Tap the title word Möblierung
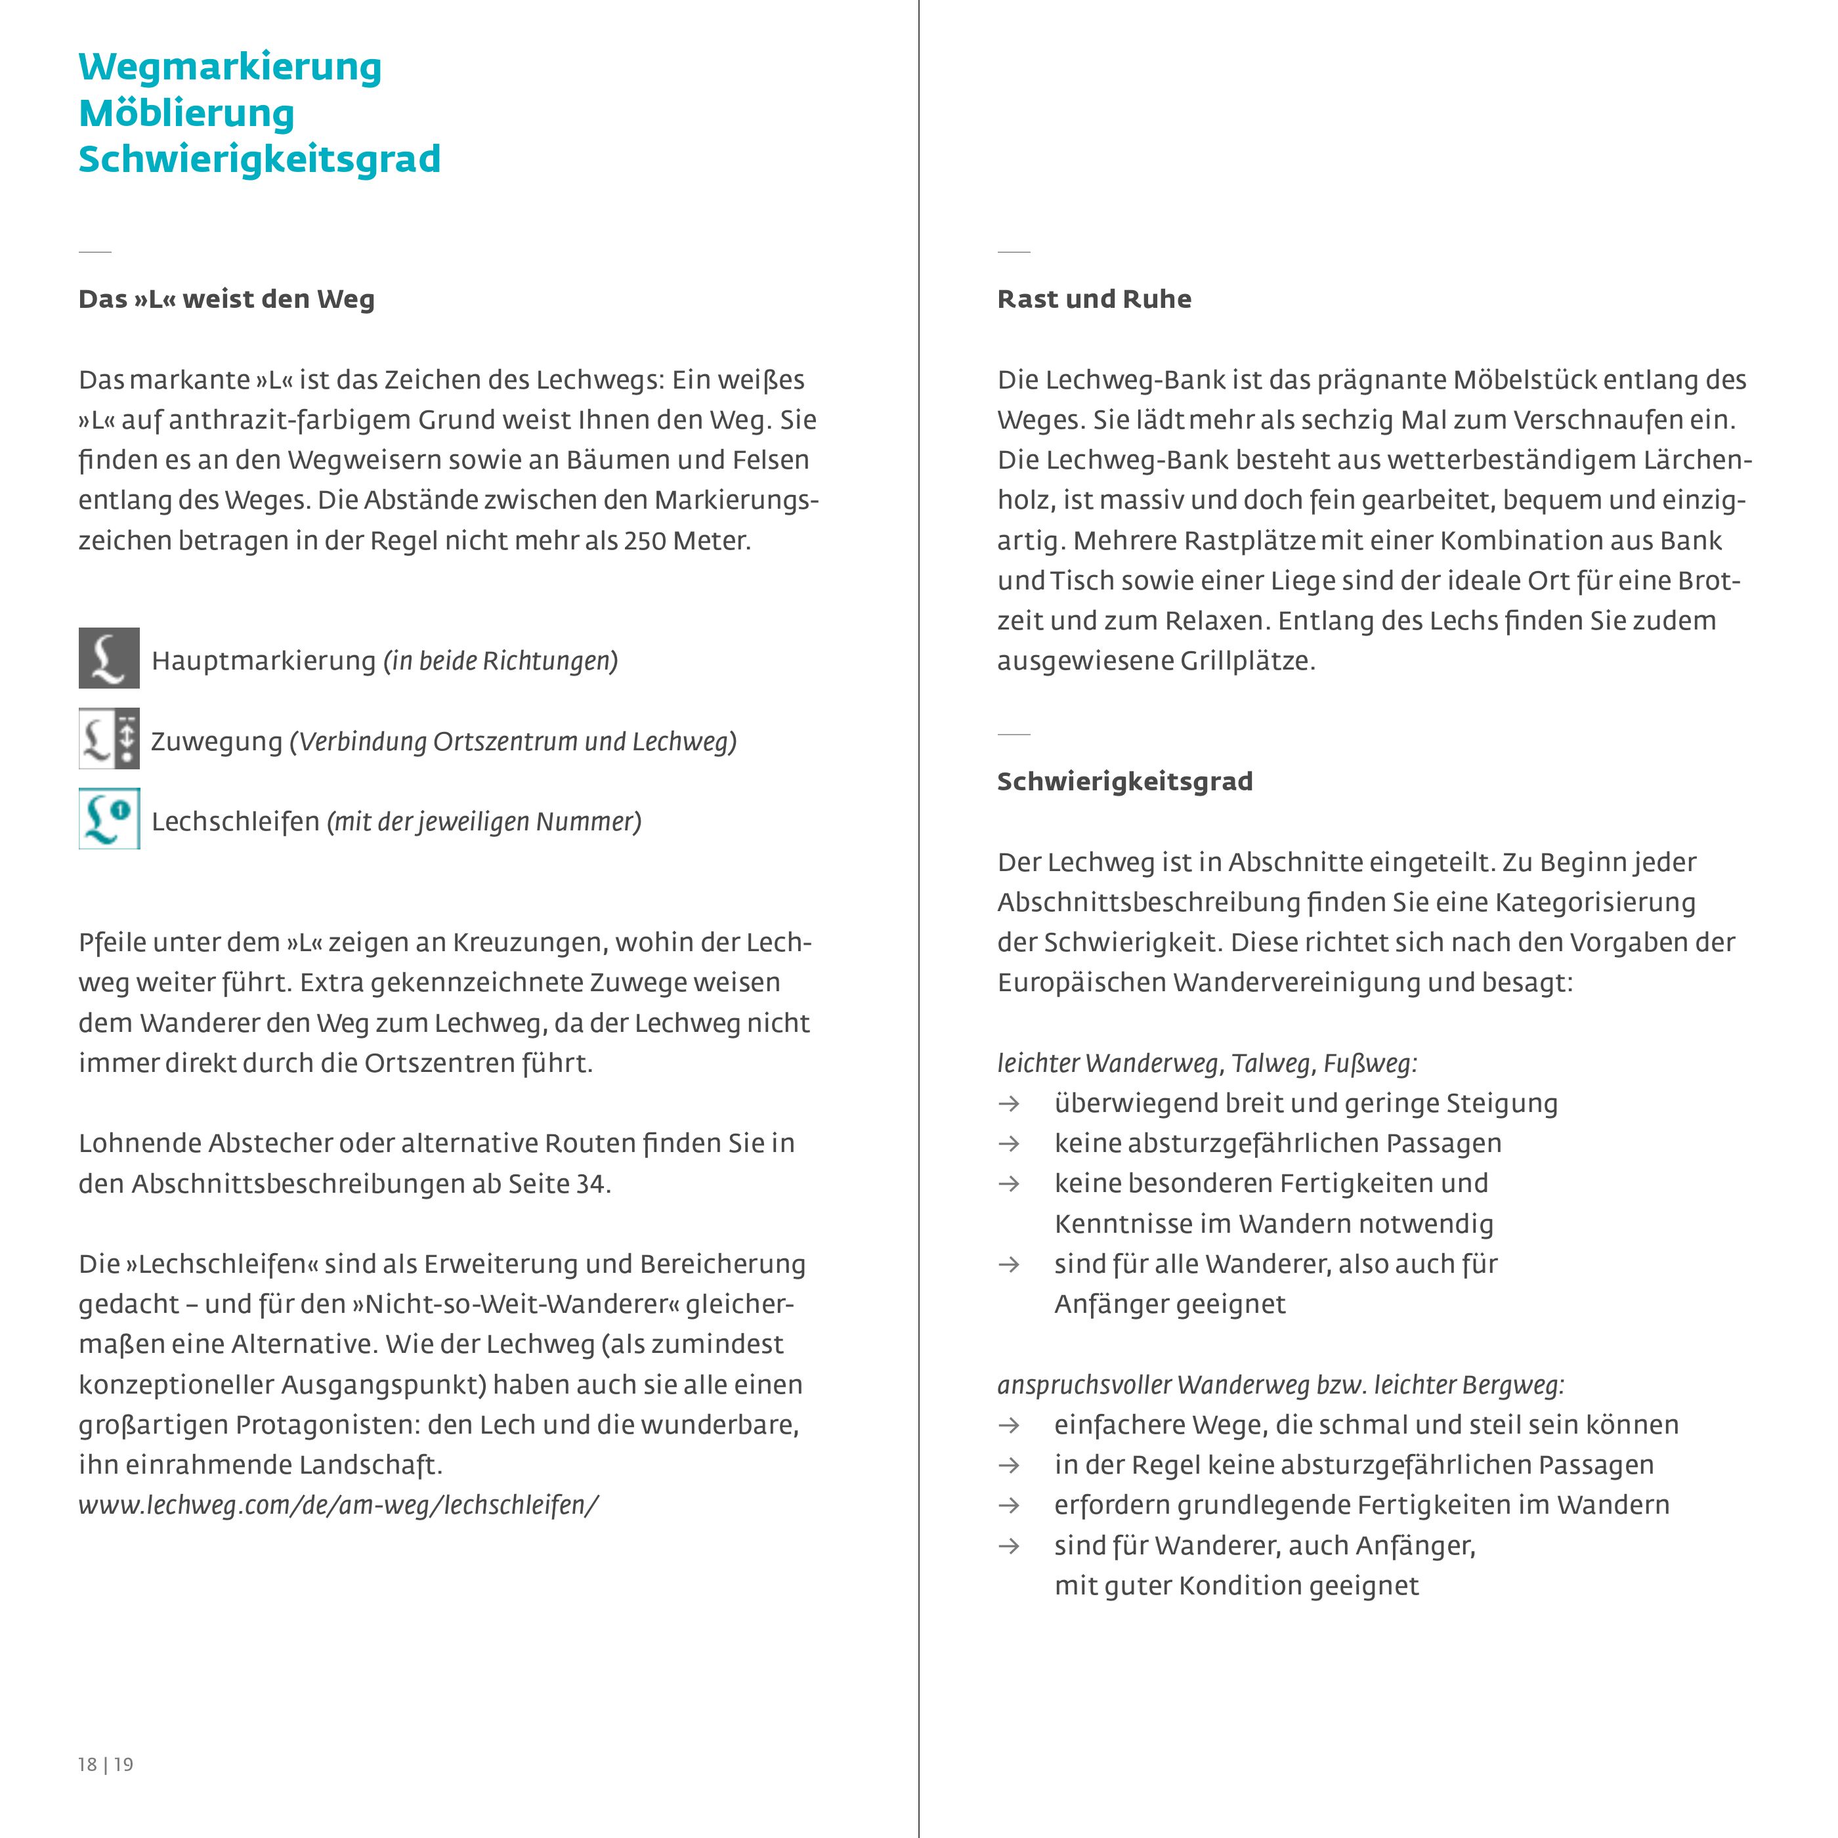point(186,113)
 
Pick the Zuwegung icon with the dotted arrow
point(108,738)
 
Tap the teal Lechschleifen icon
point(108,818)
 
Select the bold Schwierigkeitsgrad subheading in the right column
point(1124,781)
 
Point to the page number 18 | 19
point(106,1764)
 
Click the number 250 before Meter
point(645,540)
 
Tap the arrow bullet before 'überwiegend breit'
point(1008,1103)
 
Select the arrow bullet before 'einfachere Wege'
point(1008,1425)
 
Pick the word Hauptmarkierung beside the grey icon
point(263,660)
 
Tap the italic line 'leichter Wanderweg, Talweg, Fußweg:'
point(1207,1063)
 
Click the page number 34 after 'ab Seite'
point(590,1184)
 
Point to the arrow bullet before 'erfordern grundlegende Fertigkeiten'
point(1008,1505)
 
